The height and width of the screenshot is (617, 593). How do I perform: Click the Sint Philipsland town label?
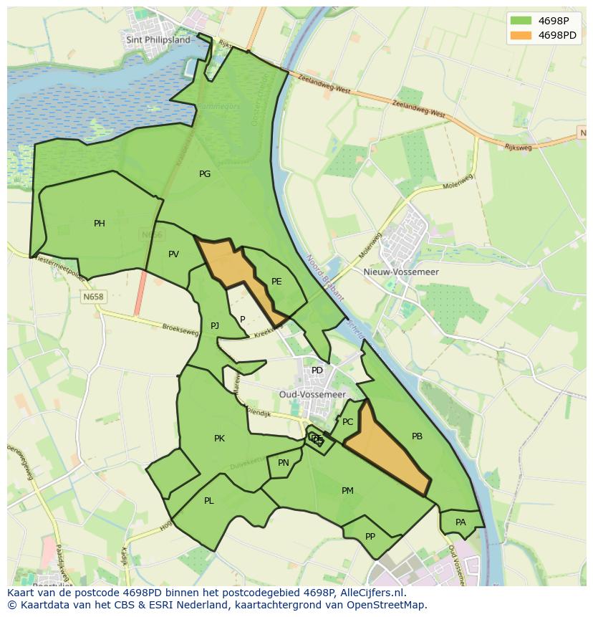pos(158,40)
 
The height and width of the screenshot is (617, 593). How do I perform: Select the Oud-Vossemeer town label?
pos(312,395)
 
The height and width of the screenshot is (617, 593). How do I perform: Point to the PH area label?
pos(100,224)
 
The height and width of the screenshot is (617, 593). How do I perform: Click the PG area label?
pos(205,174)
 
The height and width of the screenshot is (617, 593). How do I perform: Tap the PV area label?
pos(173,254)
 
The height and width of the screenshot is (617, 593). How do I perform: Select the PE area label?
pos(276,282)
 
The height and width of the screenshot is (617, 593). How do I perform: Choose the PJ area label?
pos(215,326)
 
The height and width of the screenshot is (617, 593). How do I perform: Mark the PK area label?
pos(219,439)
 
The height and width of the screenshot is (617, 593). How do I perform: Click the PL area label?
pos(208,501)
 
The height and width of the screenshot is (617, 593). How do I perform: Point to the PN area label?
pos(284,463)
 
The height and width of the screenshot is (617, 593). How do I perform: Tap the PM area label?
pos(347,491)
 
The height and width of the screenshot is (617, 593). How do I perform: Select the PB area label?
pos(417,436)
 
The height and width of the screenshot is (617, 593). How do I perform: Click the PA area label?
pos(461,522)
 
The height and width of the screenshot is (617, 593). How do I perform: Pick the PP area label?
pos(370,537)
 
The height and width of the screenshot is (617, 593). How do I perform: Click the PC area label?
pos(347,422)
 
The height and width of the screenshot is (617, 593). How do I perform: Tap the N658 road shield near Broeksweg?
pos(93,297)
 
